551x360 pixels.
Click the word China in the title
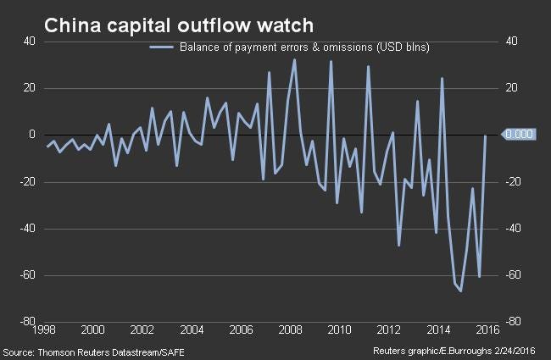tap(73, 25)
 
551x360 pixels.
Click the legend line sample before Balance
tap(162, 47)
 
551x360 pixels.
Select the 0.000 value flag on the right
tap(519, 134)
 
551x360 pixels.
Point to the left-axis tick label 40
tap(30, 42)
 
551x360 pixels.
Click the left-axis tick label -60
tap(27, 275)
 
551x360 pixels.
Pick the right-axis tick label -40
tap(514, 229)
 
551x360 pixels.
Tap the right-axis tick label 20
tap(512, 87)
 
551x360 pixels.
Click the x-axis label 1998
tap(44, 330)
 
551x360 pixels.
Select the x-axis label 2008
tap(290, 330)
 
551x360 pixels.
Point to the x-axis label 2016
tap(487, 330)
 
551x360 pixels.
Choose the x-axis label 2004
tap(192, 330)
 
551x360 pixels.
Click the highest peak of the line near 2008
tap(294, 59)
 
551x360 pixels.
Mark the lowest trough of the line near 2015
tap(460, 291)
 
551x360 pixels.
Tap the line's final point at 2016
tap(485, 136)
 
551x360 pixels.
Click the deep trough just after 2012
tap(399, 246)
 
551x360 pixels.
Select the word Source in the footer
tap(18, 352)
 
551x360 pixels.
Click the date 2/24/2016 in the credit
tap(515, 351)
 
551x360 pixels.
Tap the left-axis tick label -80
tap(27, 321)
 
